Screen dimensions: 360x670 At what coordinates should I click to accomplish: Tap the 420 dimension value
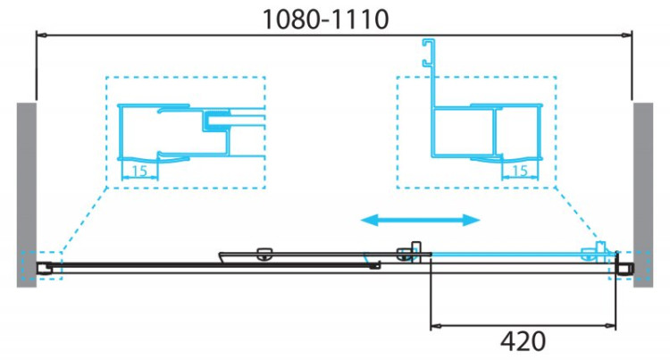(524, 341)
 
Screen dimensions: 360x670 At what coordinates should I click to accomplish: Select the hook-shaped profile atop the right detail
(429, 54)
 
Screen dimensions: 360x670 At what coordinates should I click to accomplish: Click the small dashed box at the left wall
(48, 266)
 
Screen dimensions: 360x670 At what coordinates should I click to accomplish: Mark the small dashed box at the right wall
(622, 266)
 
